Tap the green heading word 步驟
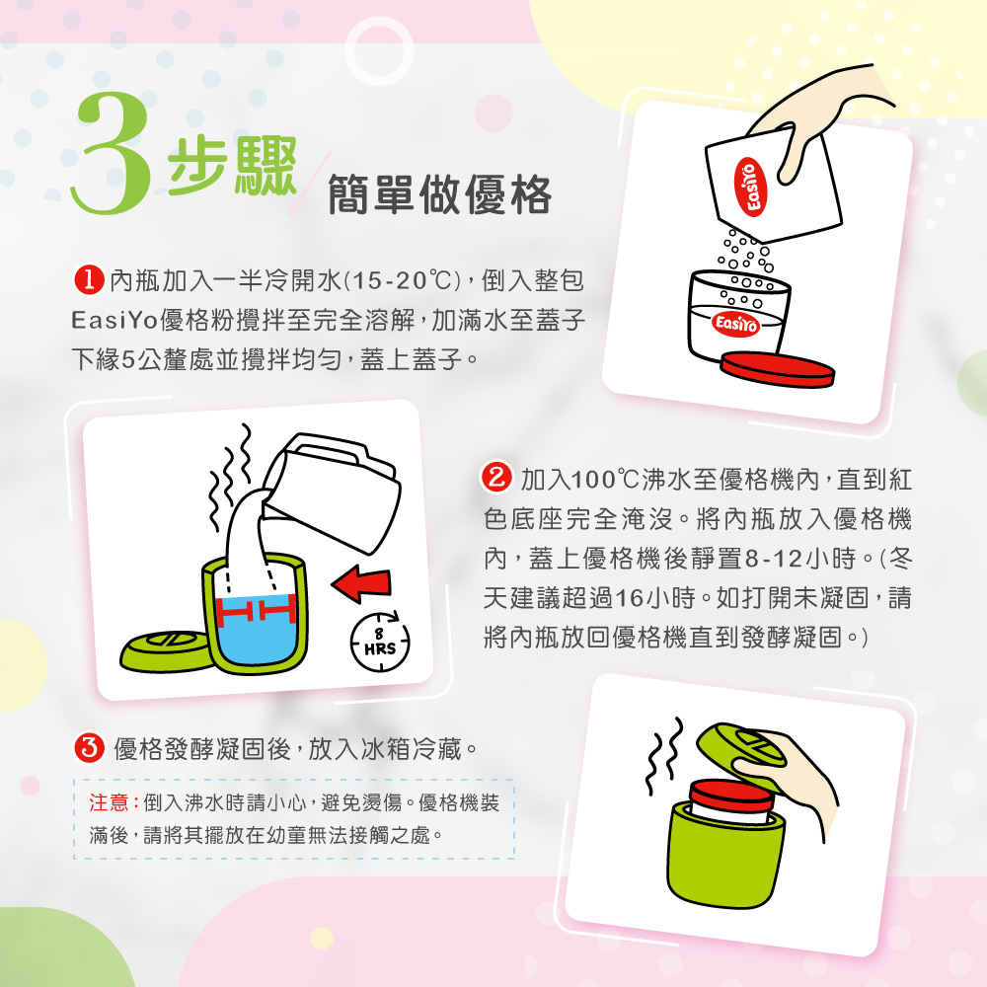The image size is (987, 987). (232, 166)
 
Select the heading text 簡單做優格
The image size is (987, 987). (440, 194)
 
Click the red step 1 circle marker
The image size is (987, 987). (89, 280)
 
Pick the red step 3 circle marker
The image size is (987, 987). (90, 748)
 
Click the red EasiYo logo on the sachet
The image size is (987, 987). (750, 187)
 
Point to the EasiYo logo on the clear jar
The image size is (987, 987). (736, 324)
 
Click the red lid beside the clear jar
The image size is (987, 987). (778, 369)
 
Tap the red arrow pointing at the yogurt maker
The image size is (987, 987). (362, 583)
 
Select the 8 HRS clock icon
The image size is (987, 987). (380, 642)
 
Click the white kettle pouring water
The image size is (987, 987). (333, 488)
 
